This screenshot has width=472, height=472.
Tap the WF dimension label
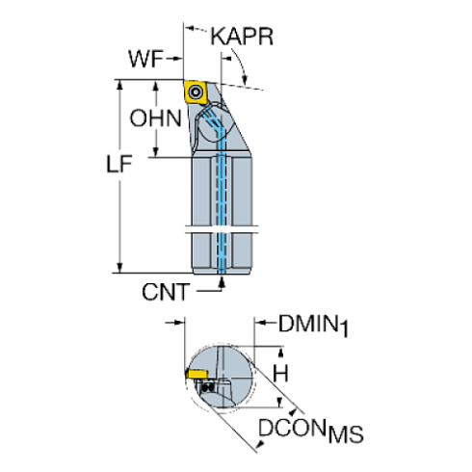coord(147,59)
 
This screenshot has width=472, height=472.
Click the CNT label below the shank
coord(165,291)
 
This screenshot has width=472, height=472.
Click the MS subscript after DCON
coord(347,435)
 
